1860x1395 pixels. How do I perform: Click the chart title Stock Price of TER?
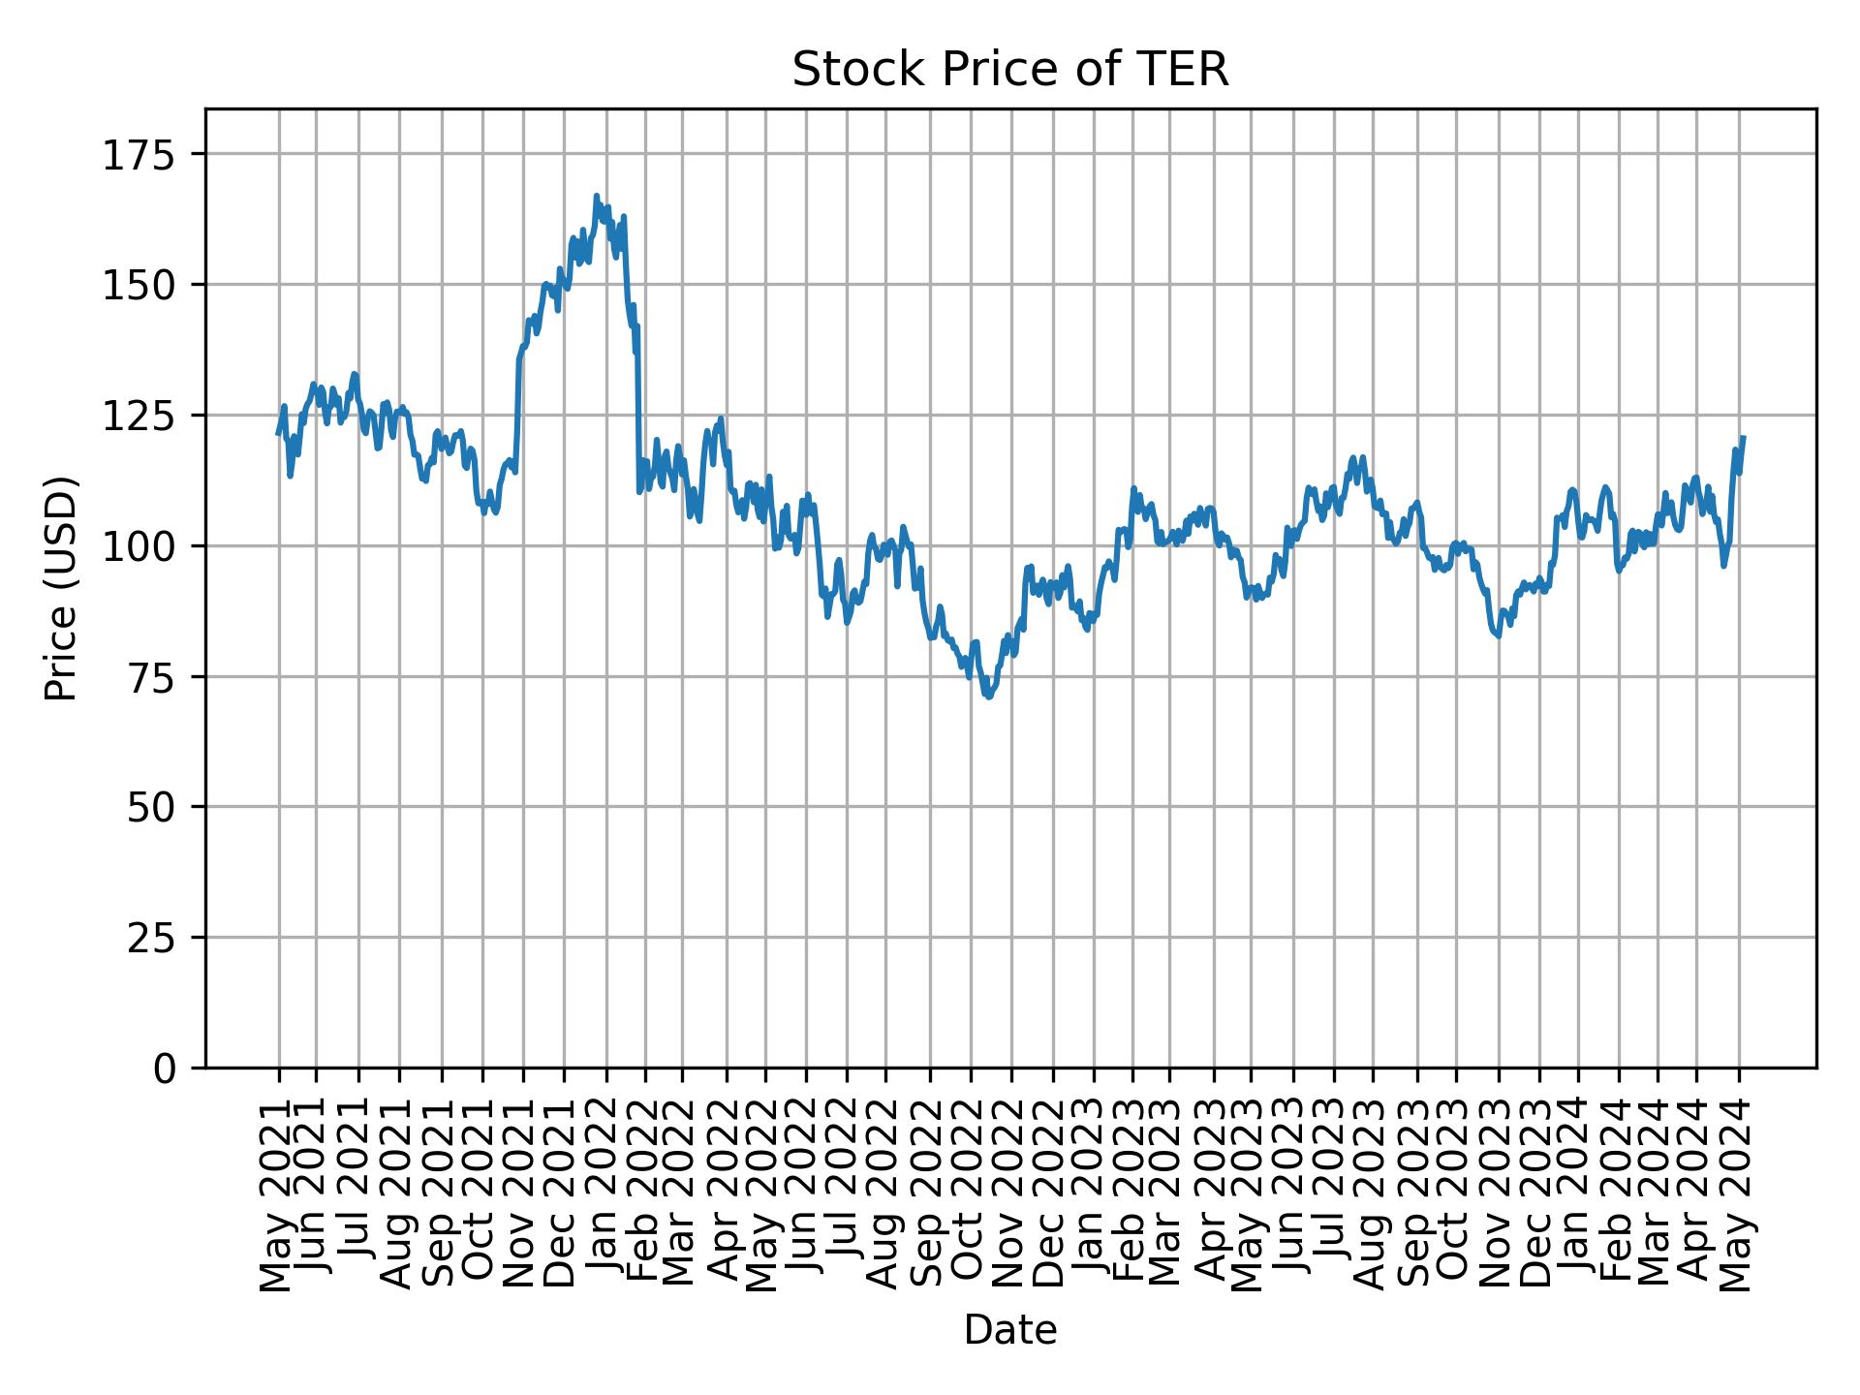1010,71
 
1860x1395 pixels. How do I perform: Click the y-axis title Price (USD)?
61,588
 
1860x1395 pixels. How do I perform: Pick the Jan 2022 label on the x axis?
607,1195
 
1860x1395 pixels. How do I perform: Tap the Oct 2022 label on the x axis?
970,1195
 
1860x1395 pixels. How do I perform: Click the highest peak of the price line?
597,196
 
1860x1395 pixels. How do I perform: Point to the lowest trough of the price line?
988,697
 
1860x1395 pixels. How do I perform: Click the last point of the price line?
1744,437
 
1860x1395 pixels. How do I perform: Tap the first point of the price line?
278,433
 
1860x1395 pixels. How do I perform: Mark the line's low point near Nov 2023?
1498,636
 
